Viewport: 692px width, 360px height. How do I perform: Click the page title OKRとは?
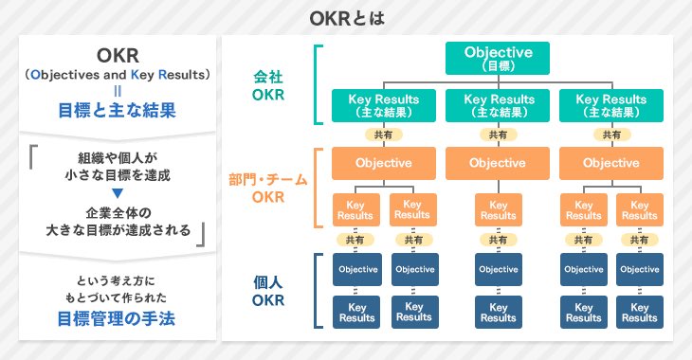347,19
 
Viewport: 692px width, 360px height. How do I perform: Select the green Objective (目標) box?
498,58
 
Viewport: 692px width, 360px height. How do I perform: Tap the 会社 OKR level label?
268,85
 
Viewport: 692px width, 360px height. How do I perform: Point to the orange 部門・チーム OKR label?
268,188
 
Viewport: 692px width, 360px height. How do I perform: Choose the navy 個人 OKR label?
268,291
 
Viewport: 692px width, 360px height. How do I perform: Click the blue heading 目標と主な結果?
118,110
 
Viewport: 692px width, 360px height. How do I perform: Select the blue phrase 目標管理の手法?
117,318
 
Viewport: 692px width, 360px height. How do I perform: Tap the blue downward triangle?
118,193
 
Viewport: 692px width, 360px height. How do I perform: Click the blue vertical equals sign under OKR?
118,91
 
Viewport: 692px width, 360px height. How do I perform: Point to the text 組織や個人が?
118,157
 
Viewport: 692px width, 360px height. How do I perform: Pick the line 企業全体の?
118,212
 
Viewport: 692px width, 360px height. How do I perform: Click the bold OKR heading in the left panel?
118,56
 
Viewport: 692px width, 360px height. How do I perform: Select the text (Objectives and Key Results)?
118,75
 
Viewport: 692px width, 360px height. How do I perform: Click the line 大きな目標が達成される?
118,230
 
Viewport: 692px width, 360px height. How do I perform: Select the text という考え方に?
116,280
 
